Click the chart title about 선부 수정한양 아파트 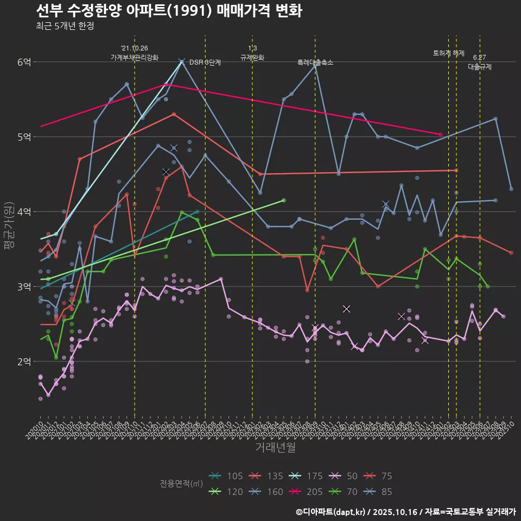point(169,11)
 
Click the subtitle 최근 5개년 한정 point(65,26)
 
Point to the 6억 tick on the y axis point(24,62)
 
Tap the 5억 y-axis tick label point(24,137)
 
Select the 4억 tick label point(24,212)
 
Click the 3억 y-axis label point(24,287)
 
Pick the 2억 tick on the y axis point(24,361)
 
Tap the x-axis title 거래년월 point(275,448)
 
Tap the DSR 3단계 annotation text point(205,62)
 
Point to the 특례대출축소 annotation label point(315,62)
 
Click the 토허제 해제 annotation point(449,53)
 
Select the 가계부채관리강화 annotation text point(135,58)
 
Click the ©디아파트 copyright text point(405,511)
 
